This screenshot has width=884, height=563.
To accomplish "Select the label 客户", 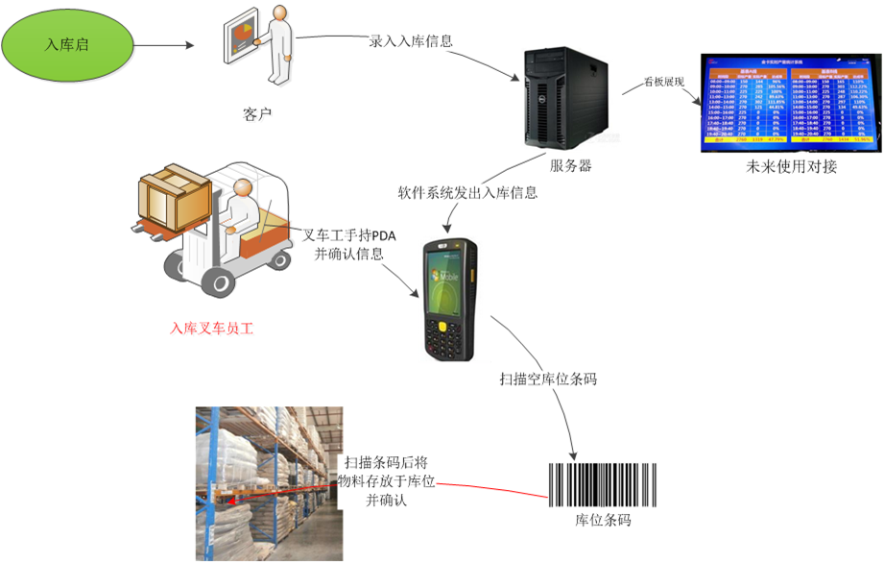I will click(257, 115).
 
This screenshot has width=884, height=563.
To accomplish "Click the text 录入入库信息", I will click(411, 41).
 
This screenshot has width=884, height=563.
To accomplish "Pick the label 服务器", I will click(569, 165).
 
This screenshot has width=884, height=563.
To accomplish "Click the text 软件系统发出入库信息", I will click(466, 192).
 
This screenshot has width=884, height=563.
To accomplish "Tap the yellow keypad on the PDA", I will click(445, 335).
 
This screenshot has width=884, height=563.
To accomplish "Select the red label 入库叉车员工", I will click(211, 329).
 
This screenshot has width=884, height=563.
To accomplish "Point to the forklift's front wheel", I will click(220, 282).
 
